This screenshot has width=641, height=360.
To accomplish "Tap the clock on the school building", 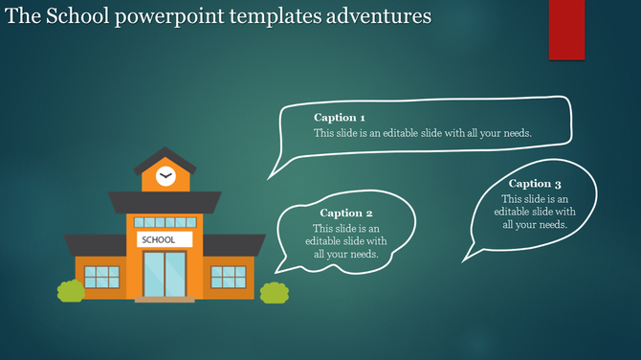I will click(x=166, y=176).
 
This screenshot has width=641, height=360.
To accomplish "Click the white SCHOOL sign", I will click(x=165, y=239).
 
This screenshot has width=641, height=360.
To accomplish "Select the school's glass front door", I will click(x=165, y=274).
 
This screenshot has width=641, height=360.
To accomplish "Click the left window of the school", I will click(x=101, y=277).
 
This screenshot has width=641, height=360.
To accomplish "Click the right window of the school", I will click(x=229, y=277).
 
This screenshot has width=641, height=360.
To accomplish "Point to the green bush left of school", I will click(x=70, y=291).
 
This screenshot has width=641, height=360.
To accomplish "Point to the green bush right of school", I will click(x=275, y=292).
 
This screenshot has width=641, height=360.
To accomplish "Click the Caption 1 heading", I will click(x=340, y=118).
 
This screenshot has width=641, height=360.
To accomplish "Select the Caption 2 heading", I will click(x=346, y=213).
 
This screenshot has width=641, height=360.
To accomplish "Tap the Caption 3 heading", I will click(x=535, y=183).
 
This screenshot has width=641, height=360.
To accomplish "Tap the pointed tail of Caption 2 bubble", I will click(x=276, y=270).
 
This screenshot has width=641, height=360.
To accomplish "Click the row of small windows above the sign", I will click(x=165, y=222).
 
